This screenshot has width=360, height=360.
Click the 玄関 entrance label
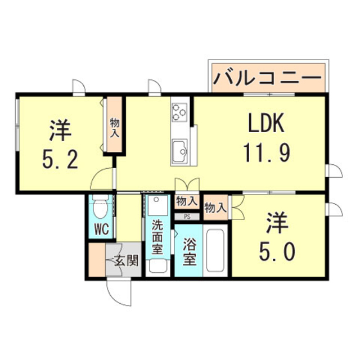pyautogui.click(x=126, y=260)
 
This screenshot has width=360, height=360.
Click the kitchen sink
pyautogui.click(x=181, y=150)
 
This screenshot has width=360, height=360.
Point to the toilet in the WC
pyautogui.click(x=101, y=208)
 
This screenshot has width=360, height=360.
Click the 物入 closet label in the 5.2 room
pyautogui.click(x=115, y=128)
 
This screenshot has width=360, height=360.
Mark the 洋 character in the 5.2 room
pyautogui.click(x=59, y=131)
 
